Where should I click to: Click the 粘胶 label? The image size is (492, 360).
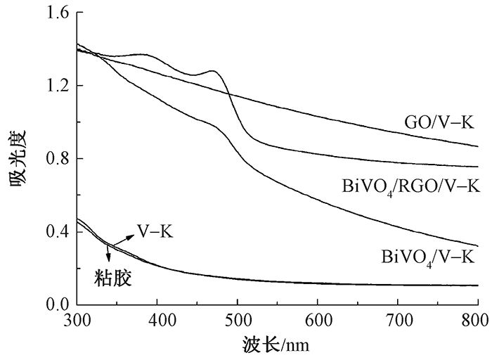click(x=113, y=278)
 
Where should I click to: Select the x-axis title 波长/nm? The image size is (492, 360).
click(x=275, y=345)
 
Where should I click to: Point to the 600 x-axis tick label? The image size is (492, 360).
click(x=318, y=321)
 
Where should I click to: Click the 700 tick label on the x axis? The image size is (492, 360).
click(x=398, y=321)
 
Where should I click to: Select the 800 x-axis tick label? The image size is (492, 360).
click(x=478, y=321)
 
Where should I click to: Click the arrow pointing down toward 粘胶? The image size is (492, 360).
click(x=108, y=254)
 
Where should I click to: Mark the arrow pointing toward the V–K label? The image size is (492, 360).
click(x=127, y=240)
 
